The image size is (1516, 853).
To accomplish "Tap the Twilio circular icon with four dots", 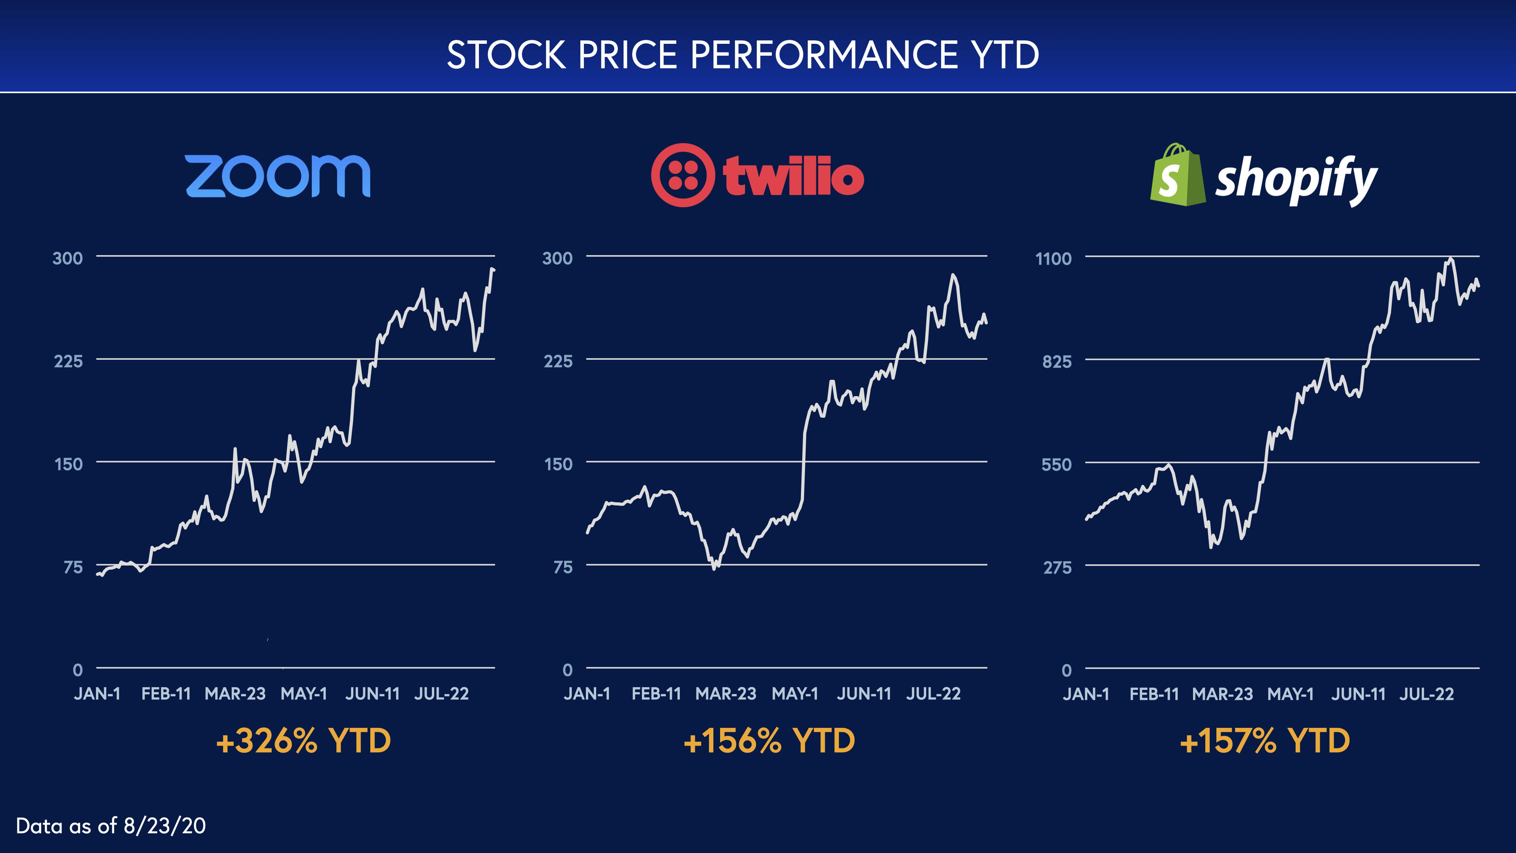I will (x=683, y=175).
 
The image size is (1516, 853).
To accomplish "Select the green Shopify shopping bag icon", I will (x=1176, y=175).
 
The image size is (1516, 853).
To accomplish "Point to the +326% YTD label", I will (x=303, y=740).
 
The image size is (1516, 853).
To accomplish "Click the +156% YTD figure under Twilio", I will (x=769, y=740).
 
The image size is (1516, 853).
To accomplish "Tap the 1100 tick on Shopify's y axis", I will (x=1053, y=258).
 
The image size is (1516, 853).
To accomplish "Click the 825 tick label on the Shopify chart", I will (x=1057, y=361).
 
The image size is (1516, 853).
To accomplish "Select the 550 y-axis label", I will (x=1057, y=464).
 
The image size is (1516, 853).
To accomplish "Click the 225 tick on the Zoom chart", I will (x=68, y=361).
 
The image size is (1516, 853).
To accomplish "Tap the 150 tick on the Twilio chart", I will (x=558, y=464).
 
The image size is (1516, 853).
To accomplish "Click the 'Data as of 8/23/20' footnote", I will (x=111, y=826).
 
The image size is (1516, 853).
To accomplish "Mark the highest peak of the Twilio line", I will (x=953, y=275).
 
